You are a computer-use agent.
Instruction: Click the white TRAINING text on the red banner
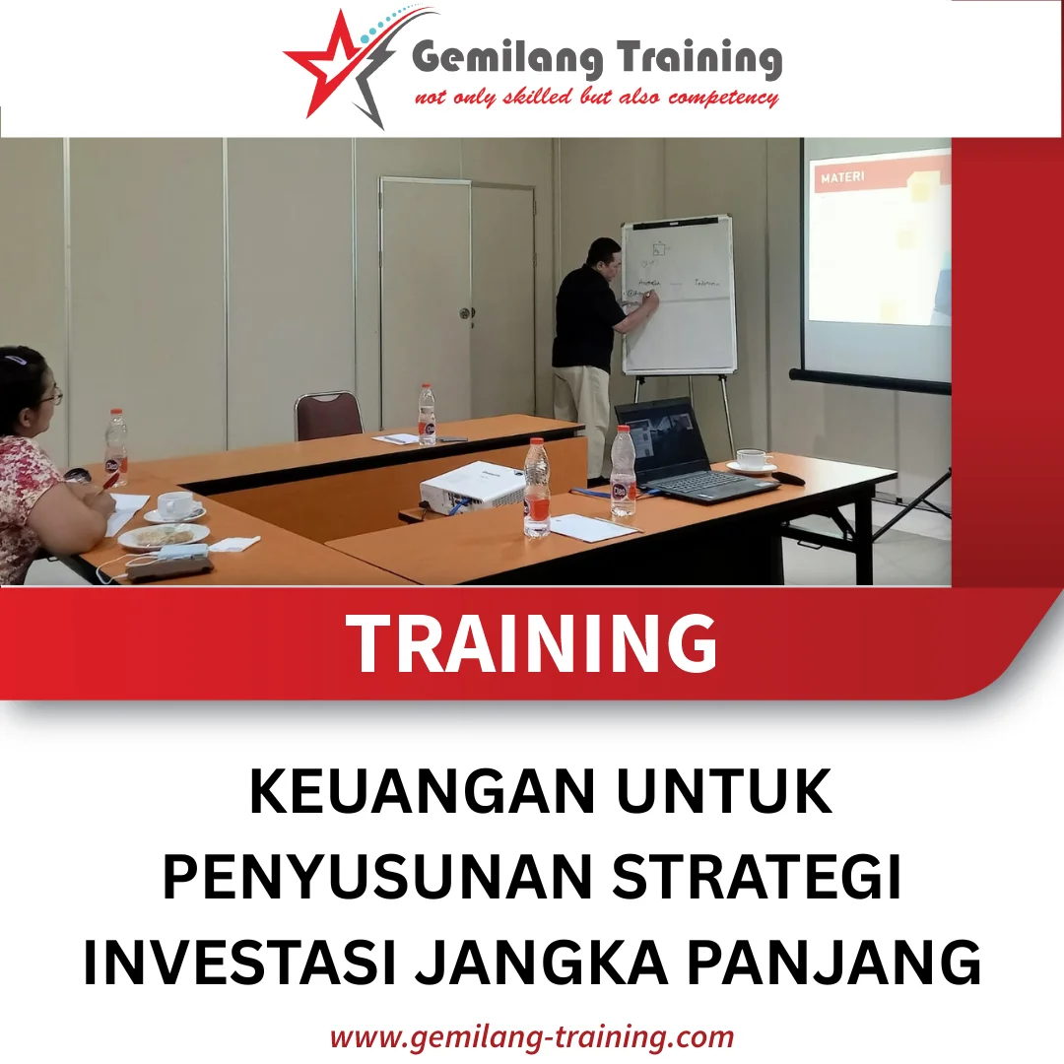533,643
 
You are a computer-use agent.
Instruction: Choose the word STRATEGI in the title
756,878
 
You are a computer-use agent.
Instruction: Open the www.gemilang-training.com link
532,1036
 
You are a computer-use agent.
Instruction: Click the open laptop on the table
680,453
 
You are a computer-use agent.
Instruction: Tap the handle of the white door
465,312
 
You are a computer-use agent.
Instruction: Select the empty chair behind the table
328,414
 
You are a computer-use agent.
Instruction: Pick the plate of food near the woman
164,536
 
